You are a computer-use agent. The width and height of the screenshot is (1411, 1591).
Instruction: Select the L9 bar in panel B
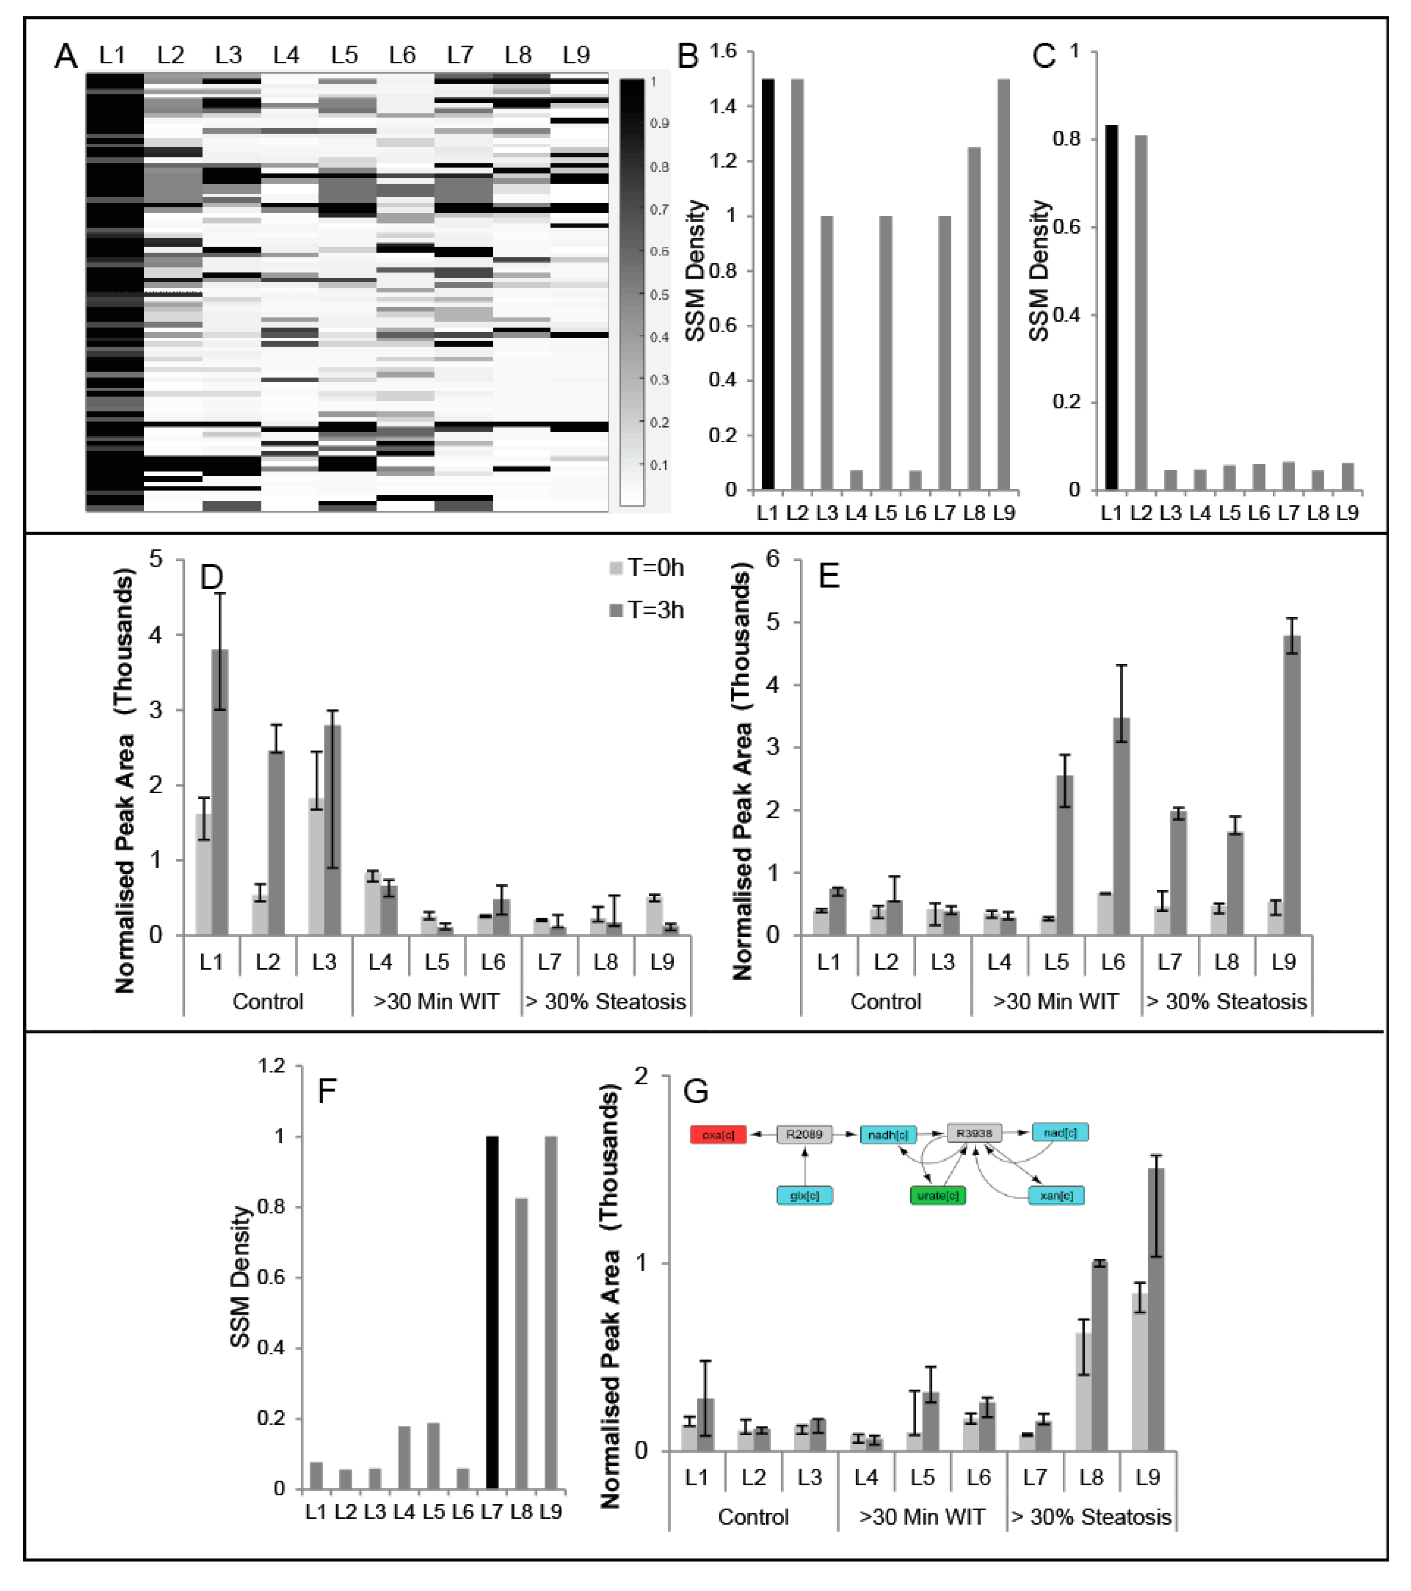[1004, 284]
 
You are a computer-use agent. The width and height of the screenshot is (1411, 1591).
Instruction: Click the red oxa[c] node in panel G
[718, 1135]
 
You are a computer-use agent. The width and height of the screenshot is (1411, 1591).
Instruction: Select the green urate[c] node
[938, 1195]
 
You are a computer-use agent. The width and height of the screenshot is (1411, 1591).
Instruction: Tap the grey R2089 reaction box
[804, 1134]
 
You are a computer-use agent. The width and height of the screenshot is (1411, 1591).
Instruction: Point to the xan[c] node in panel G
[1056, 1195]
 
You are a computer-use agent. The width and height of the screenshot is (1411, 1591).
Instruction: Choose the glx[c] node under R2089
[804, 1195]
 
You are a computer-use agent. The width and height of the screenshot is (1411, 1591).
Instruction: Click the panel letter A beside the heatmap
[66, 56]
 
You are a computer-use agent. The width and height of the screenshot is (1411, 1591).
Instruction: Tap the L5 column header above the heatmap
[344, 55]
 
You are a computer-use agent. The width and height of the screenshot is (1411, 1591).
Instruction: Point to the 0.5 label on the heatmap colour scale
[659, 295]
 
